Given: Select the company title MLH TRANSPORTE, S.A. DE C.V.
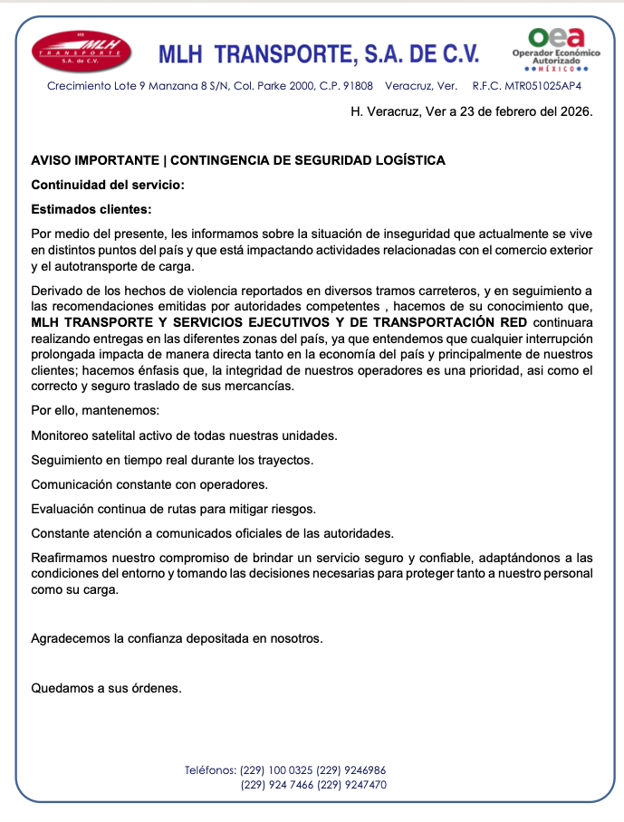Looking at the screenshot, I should [x=319, y=54].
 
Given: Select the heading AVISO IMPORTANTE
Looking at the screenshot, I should [x=93, y=160].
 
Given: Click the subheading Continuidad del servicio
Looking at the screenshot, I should [x=108, y=185].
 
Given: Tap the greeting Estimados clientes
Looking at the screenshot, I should [x=91, y=209].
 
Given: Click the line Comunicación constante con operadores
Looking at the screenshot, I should [x=149, y=484].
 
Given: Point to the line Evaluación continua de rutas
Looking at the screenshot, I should [x=173, y=509].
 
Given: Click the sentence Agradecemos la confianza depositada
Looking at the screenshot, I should [x=177, y=638].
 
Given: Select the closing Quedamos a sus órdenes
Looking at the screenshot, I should [x=107, y=687].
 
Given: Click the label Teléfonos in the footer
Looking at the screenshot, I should [x=210, y=770].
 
